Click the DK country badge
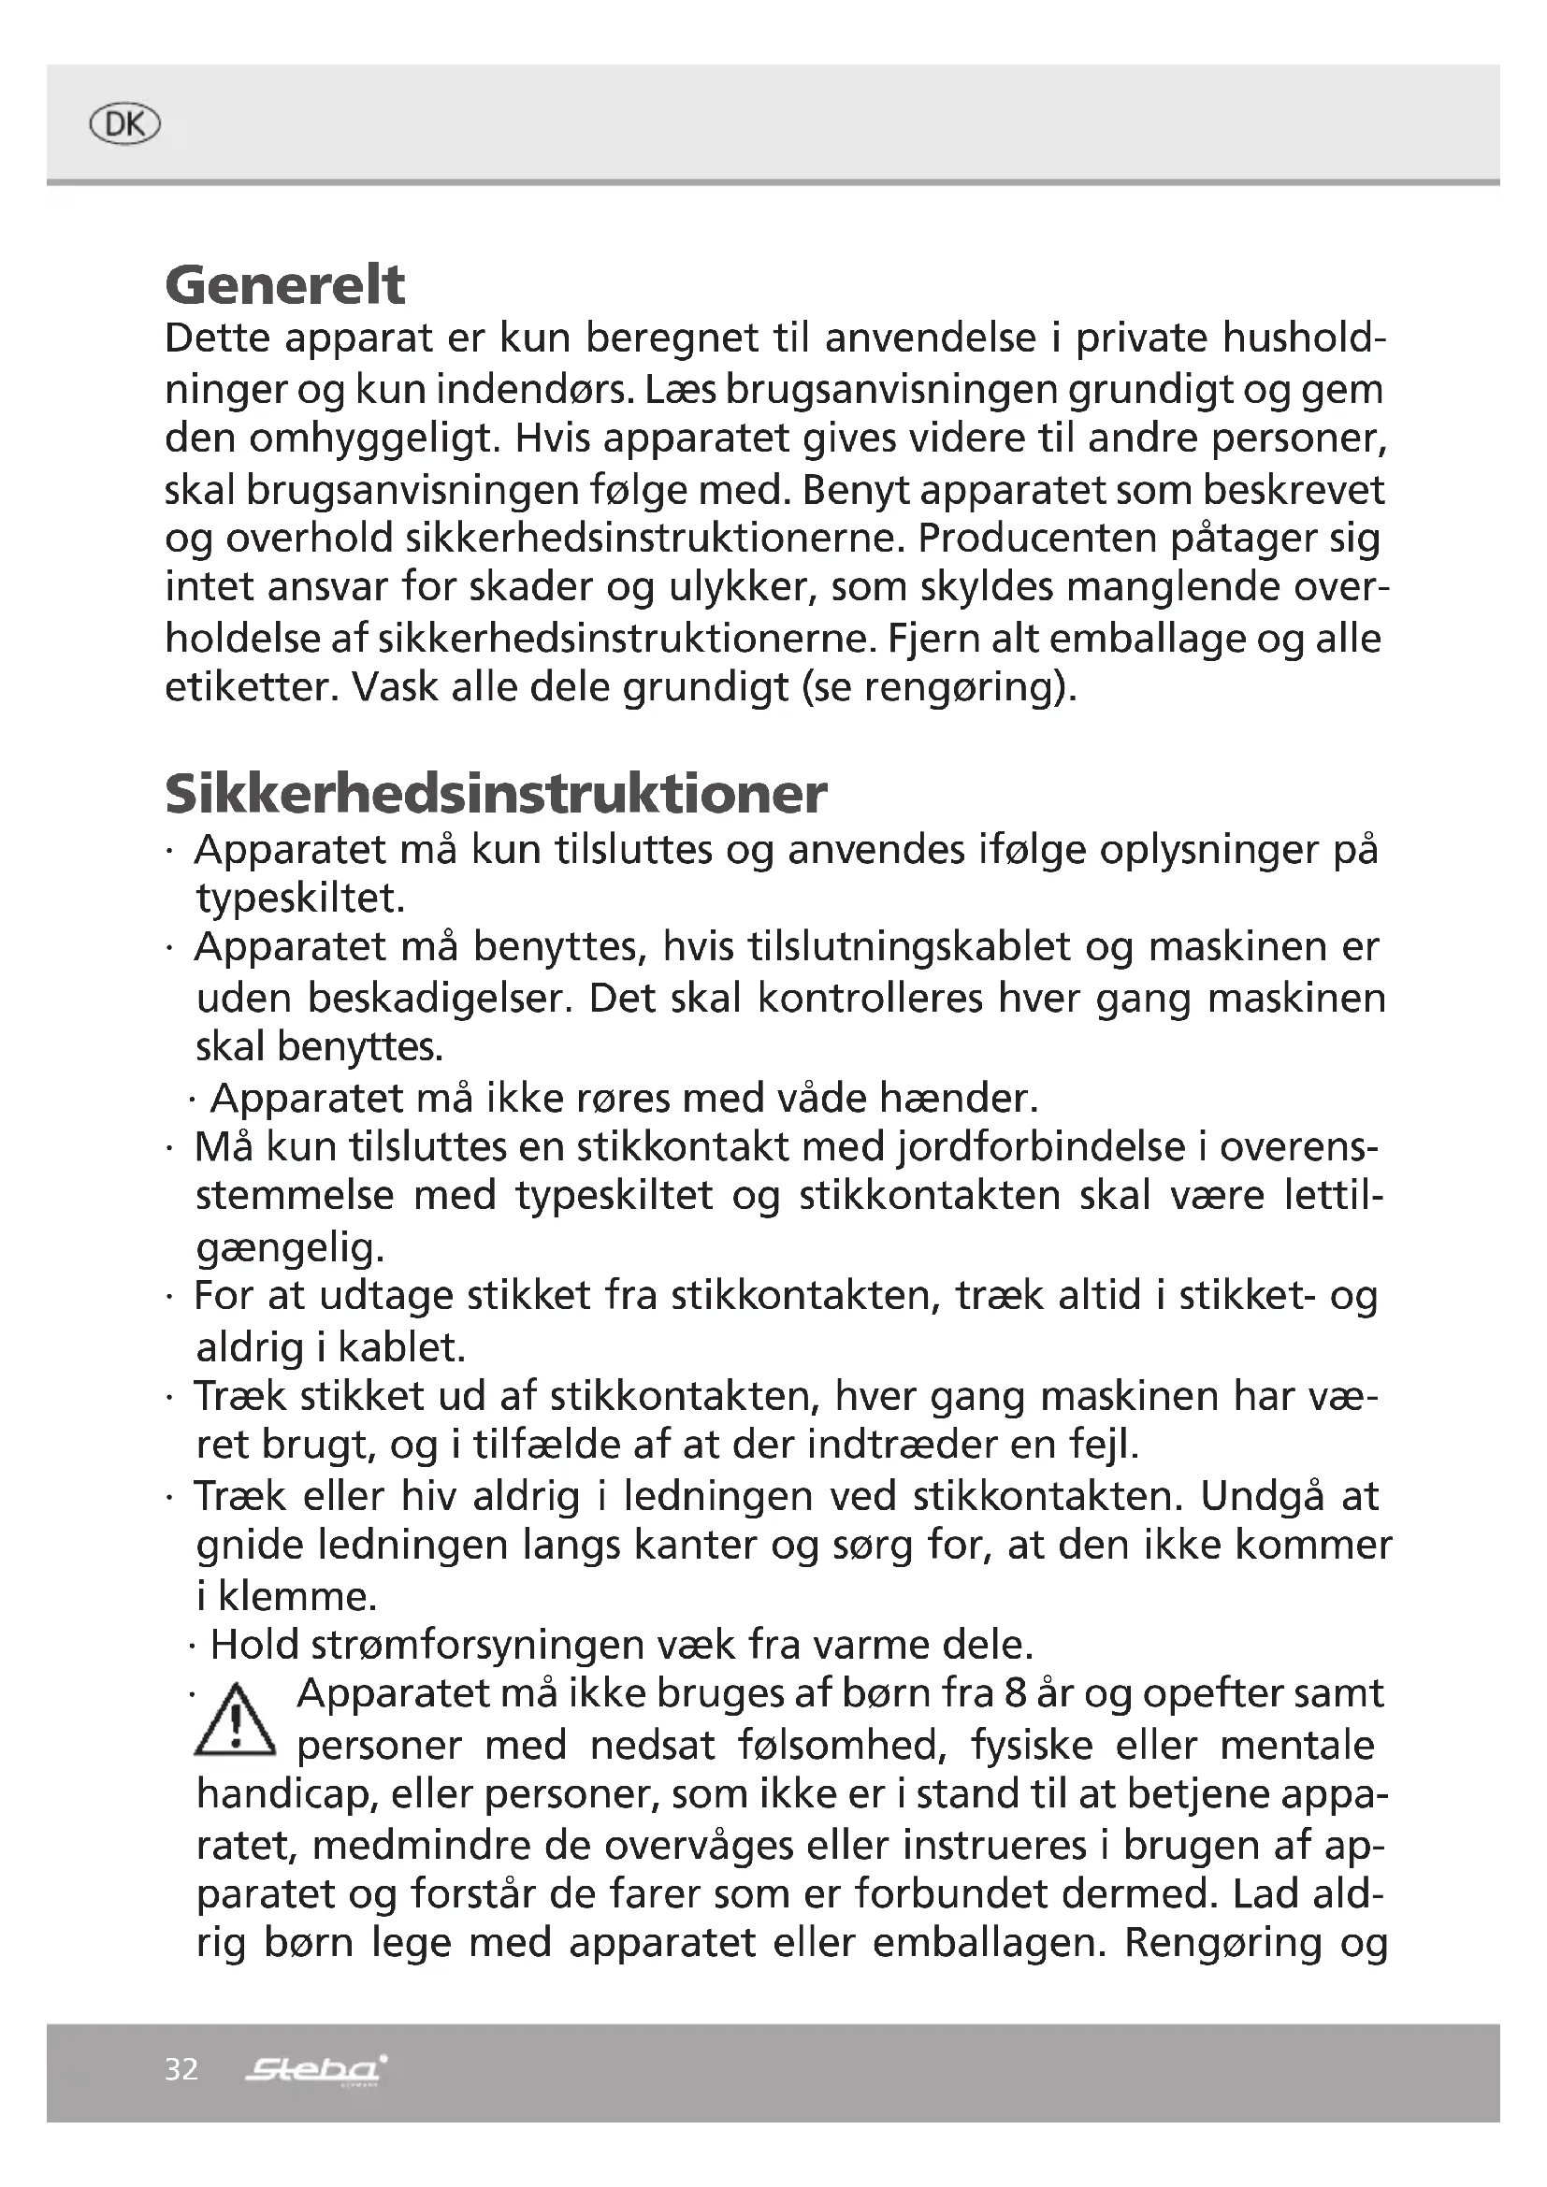tap(124, 124)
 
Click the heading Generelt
tap(285, 285)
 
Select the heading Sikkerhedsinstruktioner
tap(496, 794)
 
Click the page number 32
tap(181, 2069)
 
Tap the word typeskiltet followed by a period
tap(300, 899)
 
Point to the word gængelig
tap(290, 1248)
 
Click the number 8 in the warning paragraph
tap(1016, 1693)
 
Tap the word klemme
tap(296, 1596)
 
